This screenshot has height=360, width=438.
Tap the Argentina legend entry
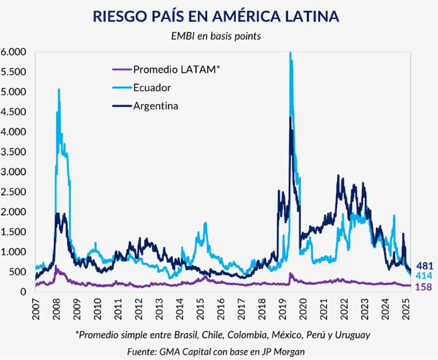155,105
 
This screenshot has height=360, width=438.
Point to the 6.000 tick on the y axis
14,52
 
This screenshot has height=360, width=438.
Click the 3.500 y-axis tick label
14,152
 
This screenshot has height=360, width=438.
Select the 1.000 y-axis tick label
14,252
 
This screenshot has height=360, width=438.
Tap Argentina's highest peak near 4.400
290,117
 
